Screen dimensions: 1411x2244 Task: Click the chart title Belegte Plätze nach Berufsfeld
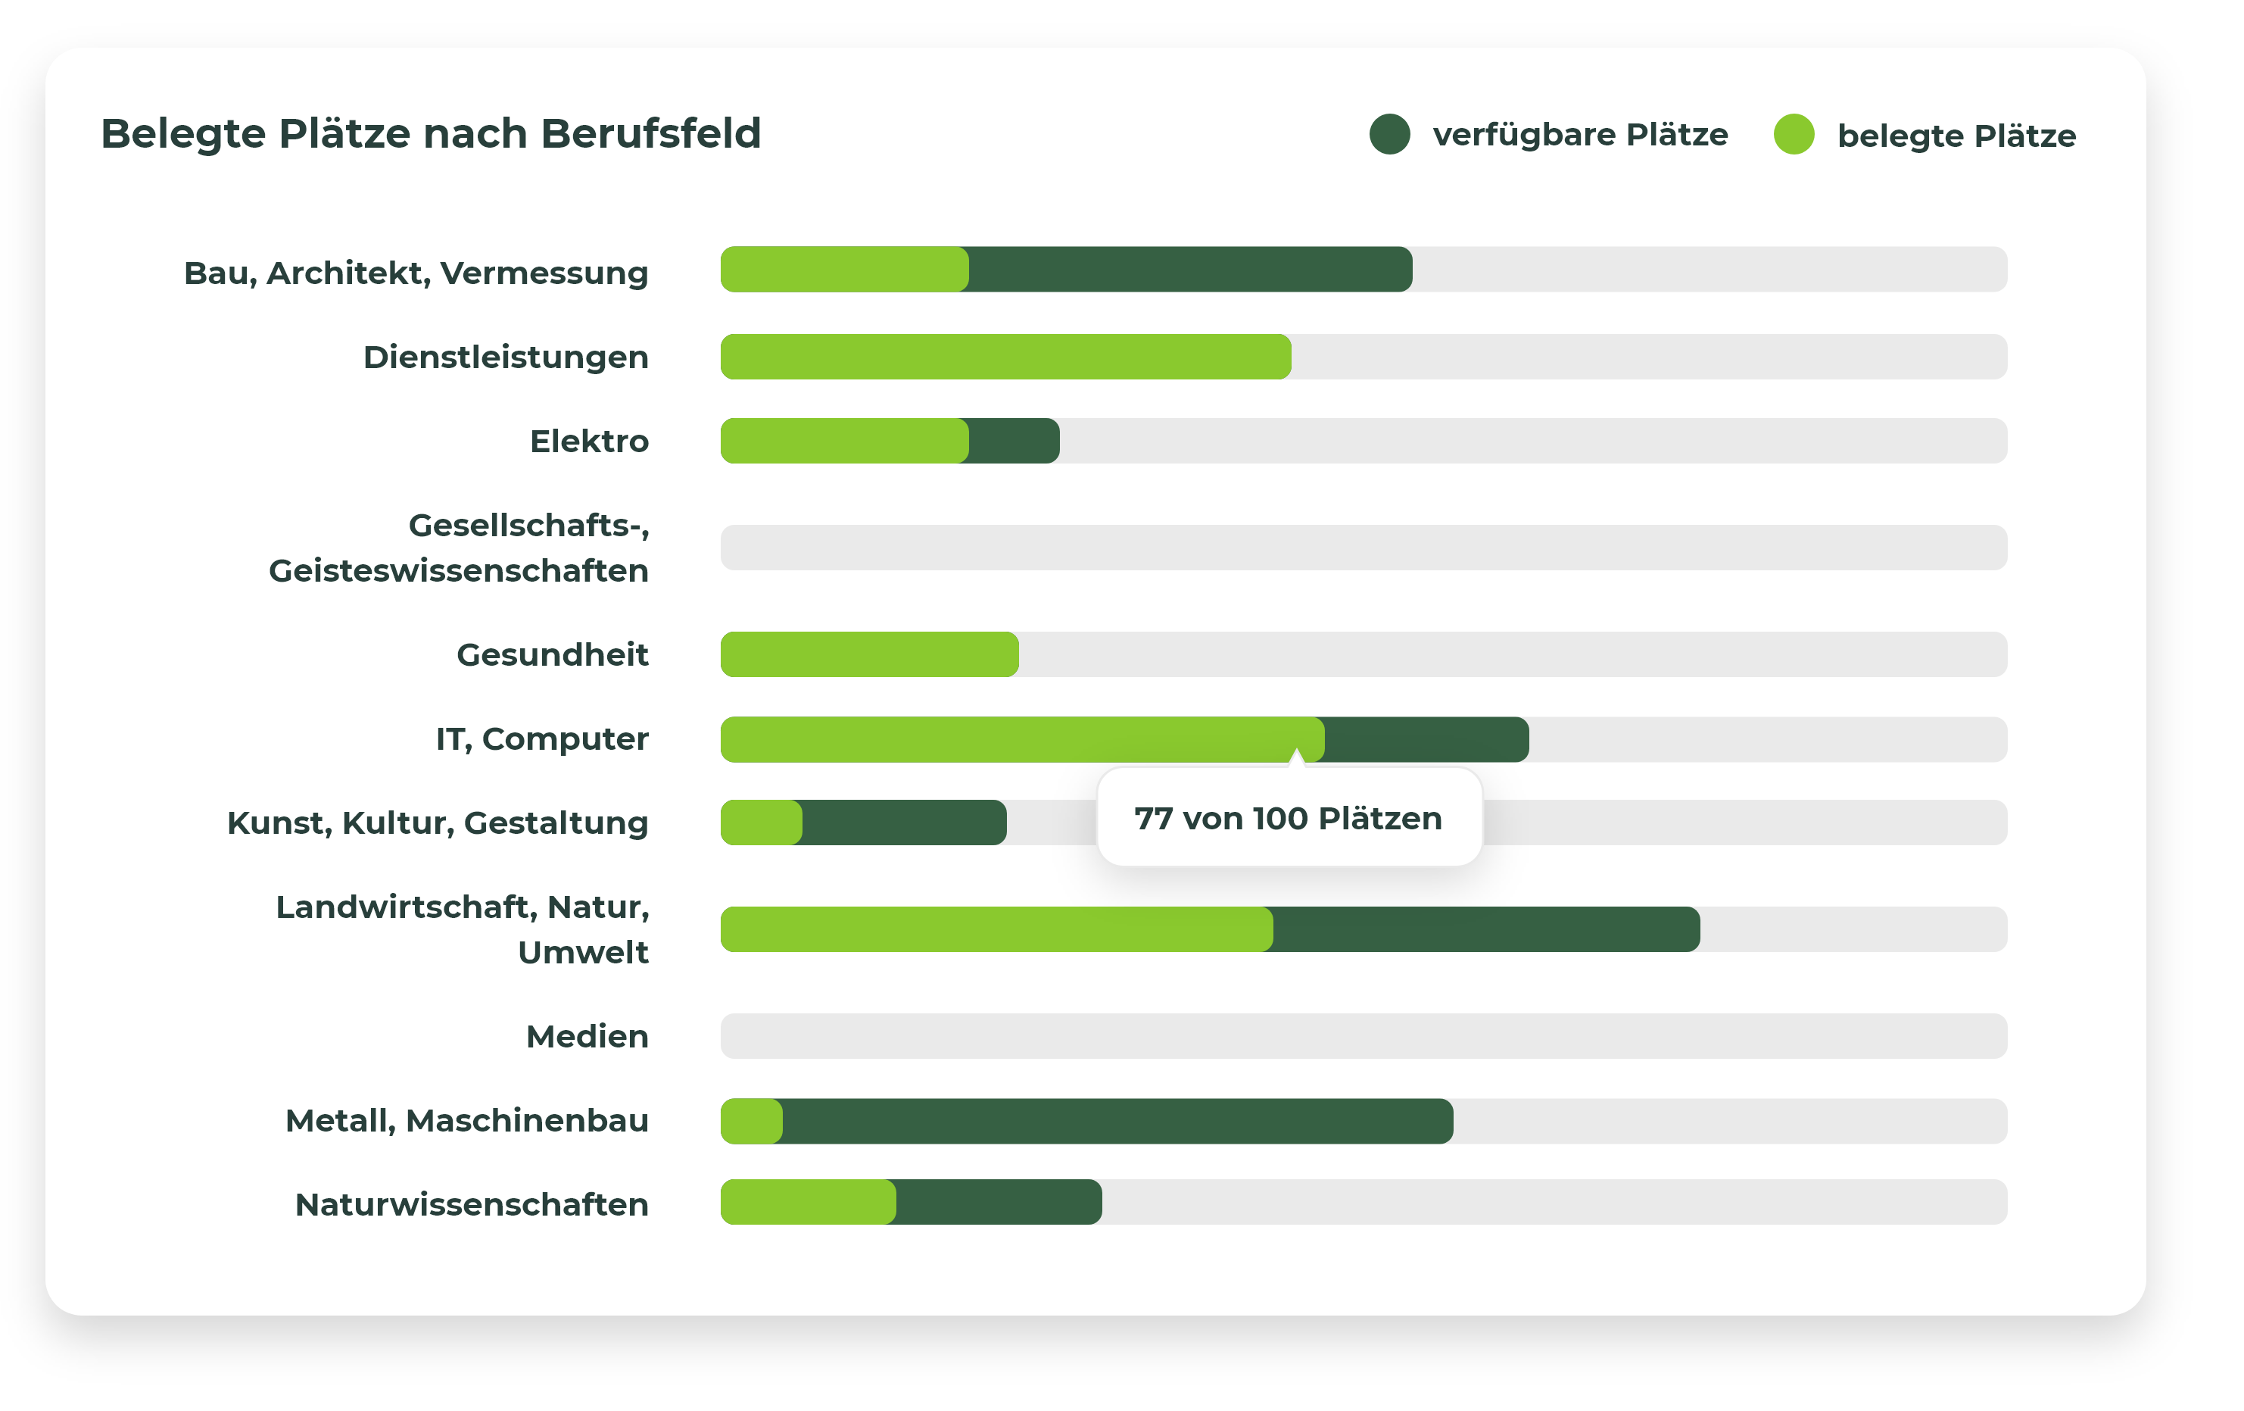click(x=431, y=134)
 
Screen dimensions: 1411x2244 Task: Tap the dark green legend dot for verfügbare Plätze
click(x=1388, y=134)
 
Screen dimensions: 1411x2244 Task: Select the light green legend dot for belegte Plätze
click(x=1793, y=134)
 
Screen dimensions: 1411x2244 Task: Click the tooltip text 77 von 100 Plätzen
click(x=1288, y=818)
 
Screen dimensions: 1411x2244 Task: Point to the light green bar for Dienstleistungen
click(x=1005, y=357)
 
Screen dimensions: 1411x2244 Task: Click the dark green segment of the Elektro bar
click(x=1014, y=441)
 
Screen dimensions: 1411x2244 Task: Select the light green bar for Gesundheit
click(x=868, y=654)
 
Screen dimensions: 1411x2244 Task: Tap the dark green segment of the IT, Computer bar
click(x=1426, y=739)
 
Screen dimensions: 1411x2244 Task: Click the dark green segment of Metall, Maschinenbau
click(x=1117, y=1121)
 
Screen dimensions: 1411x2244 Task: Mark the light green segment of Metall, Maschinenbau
click(x=751, y=1121)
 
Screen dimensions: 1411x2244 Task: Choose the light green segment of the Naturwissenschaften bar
click(x=807, y=1202)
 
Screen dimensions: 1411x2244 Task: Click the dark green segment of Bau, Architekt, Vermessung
click(x=1189, y=270)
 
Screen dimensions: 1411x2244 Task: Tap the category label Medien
click(x=587, y=1036)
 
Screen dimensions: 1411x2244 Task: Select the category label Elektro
click(x=589, y=441)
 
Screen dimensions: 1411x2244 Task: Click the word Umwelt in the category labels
click(x=584, y=953)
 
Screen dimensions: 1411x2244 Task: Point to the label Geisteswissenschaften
click(x=459, y=570)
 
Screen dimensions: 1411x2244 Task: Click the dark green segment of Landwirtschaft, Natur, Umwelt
click(x=1485, y=929)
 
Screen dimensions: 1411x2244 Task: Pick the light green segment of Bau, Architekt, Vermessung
click(x=844, y=270)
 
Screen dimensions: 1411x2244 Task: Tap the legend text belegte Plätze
click(x=1956, y=136)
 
